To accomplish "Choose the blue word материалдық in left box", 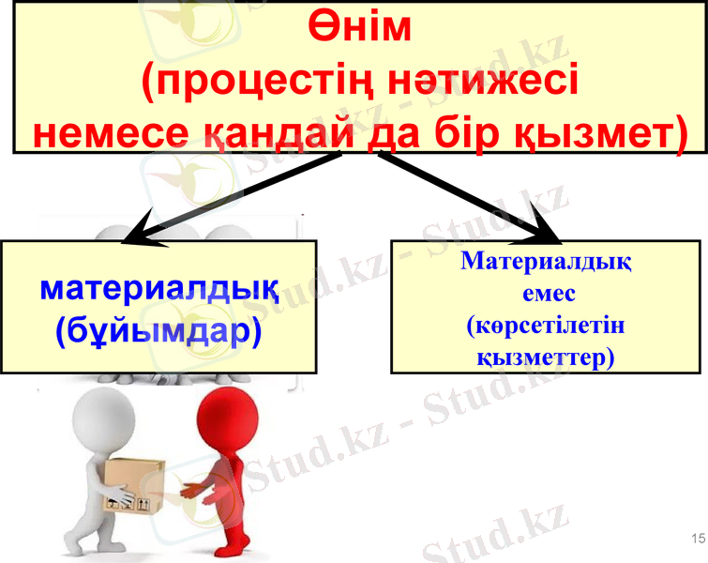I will click(x=158, y=287).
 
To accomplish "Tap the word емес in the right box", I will click(x=546, y=293).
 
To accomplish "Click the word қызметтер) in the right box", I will click(x=546, y=358).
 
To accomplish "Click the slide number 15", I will click(x=696, y=538).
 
